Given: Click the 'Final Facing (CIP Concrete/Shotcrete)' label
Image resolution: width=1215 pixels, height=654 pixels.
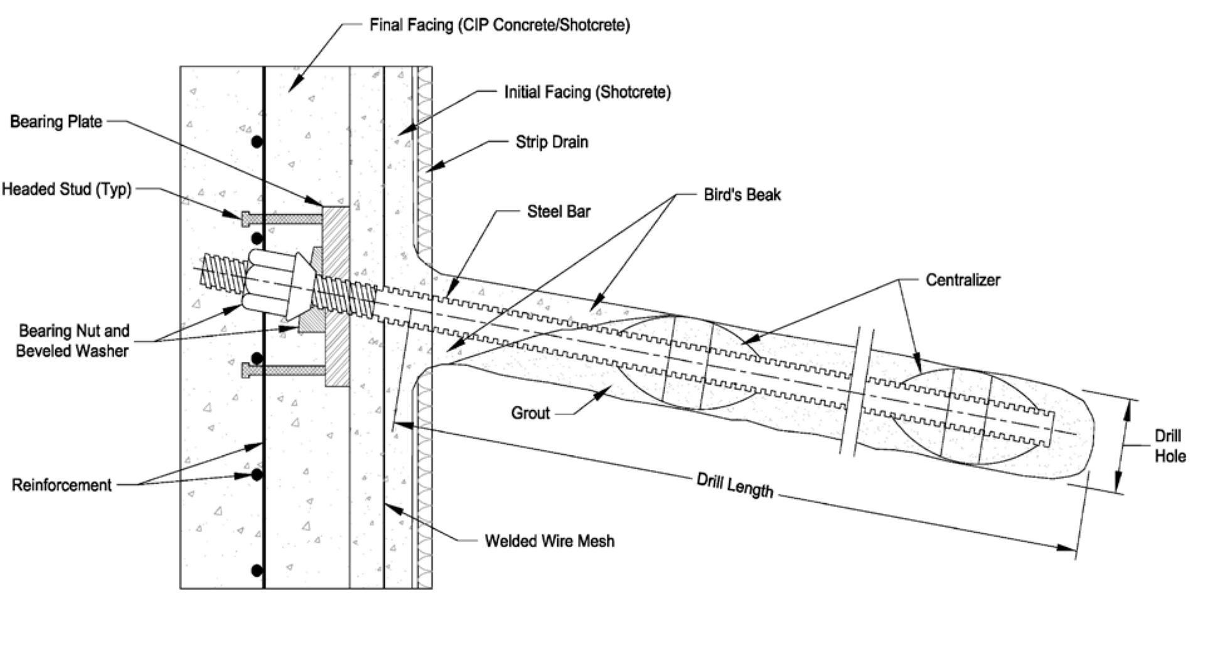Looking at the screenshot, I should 499,25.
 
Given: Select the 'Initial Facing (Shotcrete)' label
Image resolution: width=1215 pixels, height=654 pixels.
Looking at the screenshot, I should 587,92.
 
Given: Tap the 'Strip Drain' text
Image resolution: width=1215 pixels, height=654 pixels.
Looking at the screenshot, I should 552,142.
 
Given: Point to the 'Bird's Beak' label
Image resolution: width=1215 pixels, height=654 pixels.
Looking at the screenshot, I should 742,195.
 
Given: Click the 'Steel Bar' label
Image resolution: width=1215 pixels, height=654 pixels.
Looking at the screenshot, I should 558,212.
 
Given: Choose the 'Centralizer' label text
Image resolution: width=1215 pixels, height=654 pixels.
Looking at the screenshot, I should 962,280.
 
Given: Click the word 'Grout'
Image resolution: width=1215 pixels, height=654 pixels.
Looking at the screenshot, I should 530,413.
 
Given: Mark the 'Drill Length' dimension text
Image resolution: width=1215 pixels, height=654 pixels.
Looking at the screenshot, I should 734,485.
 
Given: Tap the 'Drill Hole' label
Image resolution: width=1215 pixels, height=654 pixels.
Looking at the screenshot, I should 1169,446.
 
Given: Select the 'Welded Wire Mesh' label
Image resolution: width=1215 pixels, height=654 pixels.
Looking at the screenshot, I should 549,541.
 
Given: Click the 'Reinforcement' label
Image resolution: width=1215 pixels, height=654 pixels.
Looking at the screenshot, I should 62,485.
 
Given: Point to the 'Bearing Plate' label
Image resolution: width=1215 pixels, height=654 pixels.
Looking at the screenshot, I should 56,122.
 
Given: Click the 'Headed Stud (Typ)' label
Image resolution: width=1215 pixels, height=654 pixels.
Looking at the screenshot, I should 67,189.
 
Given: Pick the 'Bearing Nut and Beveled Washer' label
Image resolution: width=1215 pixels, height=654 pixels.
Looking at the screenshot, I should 73,341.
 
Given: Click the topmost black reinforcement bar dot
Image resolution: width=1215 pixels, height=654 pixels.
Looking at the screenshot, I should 257,143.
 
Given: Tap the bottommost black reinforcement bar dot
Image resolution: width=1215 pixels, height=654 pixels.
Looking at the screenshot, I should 257,570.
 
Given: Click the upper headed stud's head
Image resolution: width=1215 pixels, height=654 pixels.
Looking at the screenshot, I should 245,219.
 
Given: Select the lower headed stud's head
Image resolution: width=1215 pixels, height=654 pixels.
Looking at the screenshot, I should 246,371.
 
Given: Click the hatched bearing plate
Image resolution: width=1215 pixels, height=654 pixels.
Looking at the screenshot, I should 337,295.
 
